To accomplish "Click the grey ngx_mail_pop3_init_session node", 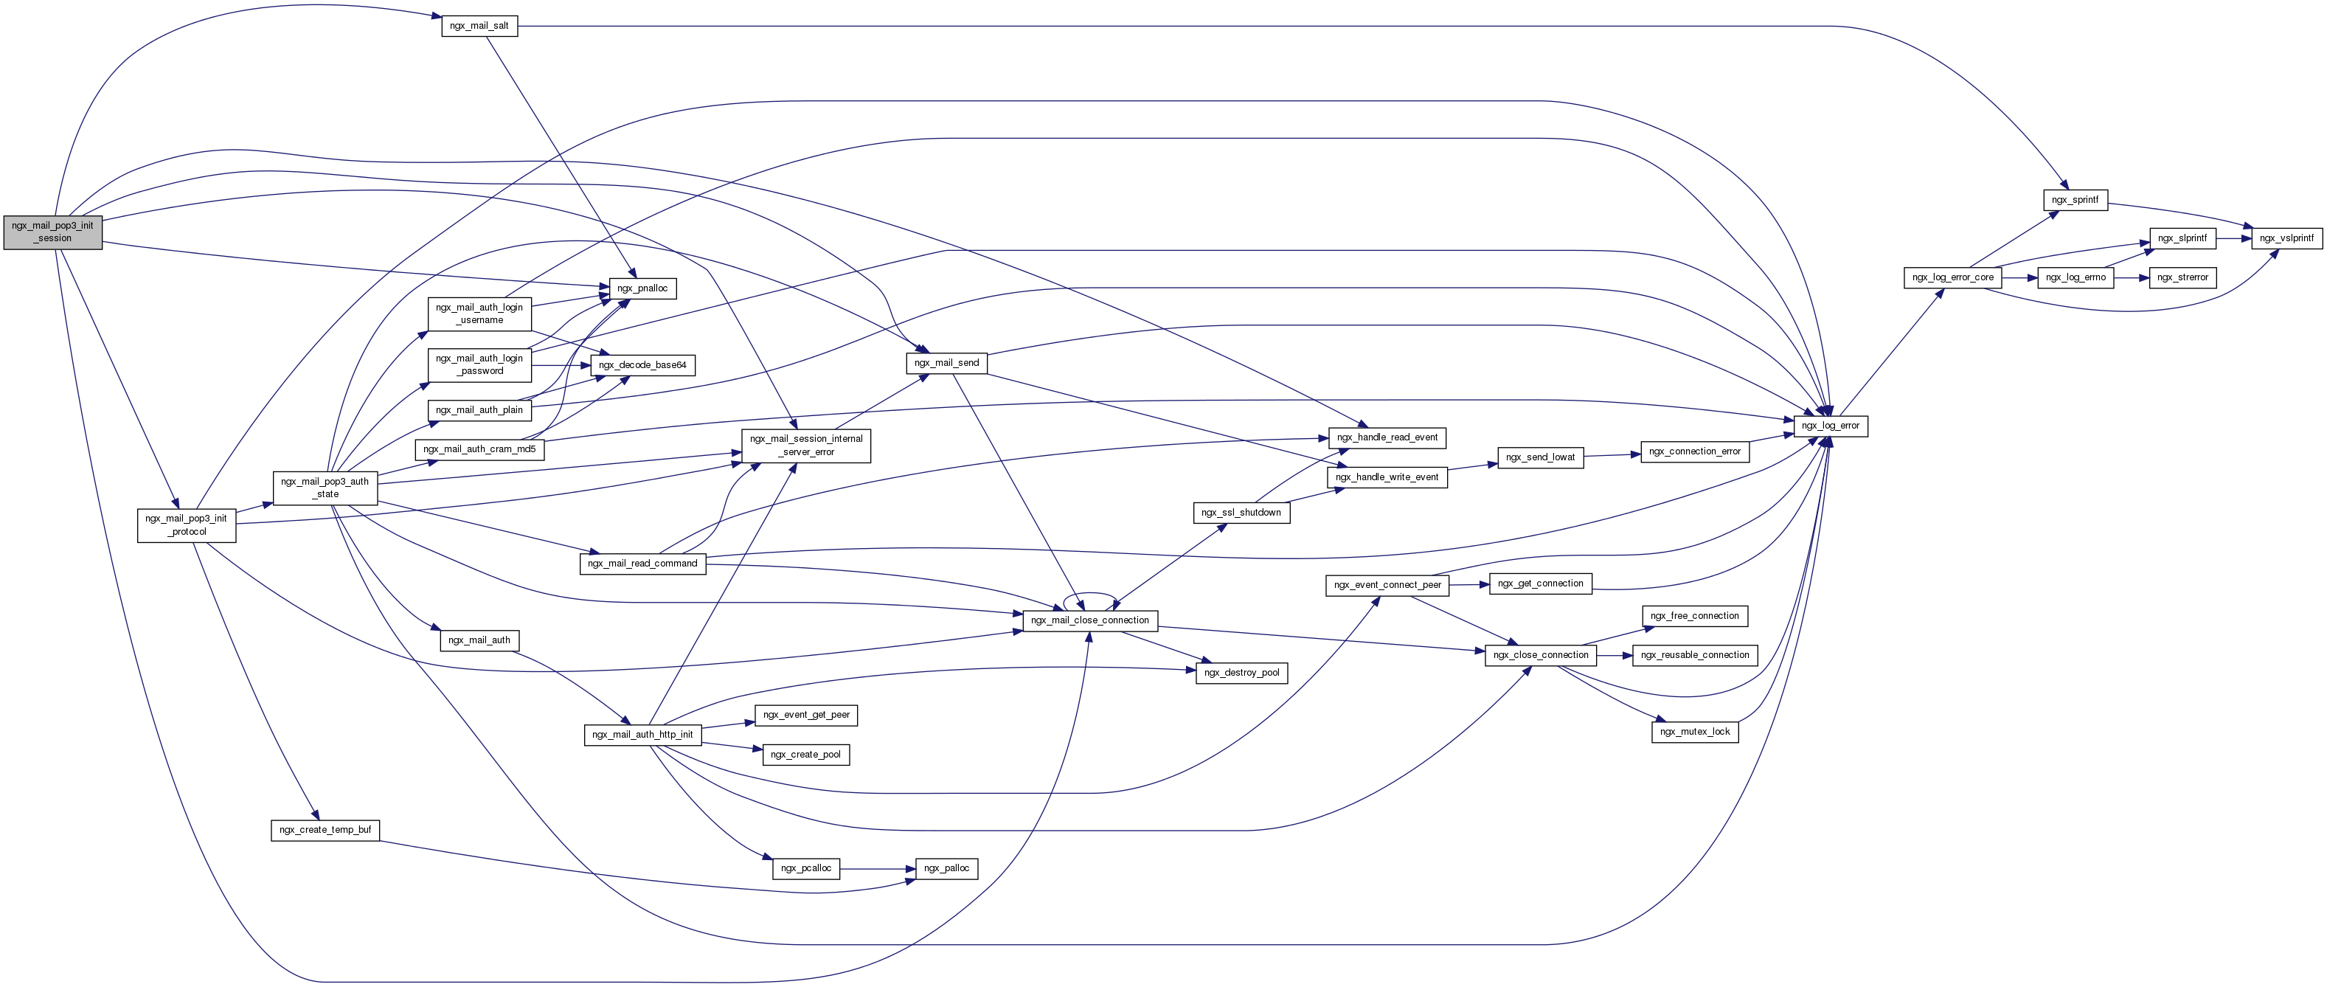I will click(x=52, y=232).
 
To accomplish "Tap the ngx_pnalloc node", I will click(x=642, y=288).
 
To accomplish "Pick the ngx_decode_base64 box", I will click(x=642, y=365).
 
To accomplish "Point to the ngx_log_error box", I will click(x=1830, y=425).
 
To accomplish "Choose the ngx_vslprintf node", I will click(x=2286, y=238).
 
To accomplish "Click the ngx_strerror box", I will click(x=2182, y=277).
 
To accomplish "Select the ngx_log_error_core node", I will click(x=1952, y=277).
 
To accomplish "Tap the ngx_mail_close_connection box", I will click(x=1089, y=620).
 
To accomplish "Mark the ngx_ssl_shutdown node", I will click(x=1241, y=513).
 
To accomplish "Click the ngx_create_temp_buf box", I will click(x=325, y=830).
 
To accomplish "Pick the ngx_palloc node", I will click(x=946, y=868).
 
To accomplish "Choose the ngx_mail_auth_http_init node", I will click(x=642, y=735).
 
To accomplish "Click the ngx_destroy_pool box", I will click(x=1241, y=673).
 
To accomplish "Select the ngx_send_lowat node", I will click(x=1540, y=457).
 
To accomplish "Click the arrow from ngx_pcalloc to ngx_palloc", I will click(x=877, y=868).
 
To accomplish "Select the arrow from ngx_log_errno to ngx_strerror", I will click(x=2132, y=277).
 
